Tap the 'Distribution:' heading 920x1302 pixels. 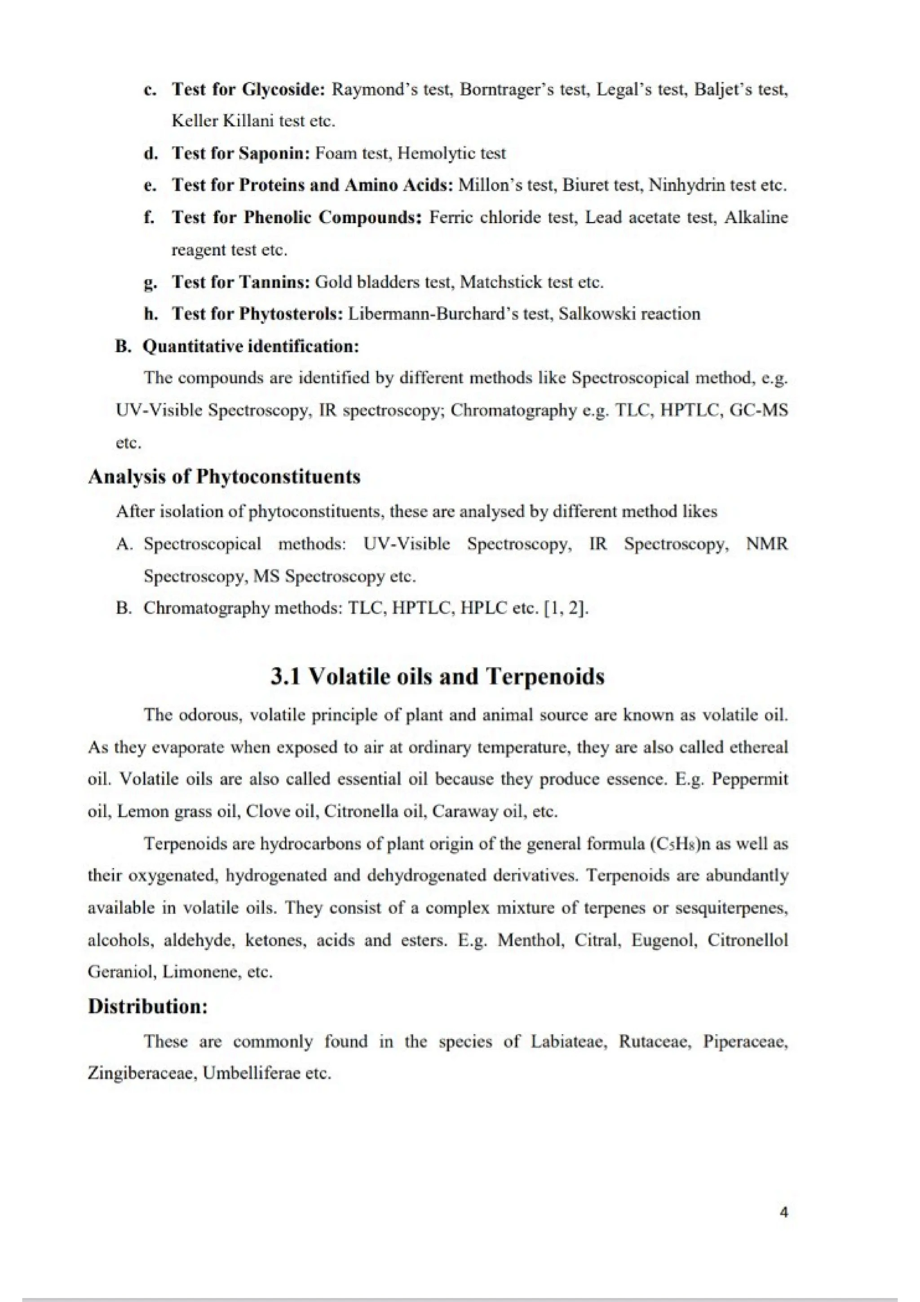148,1006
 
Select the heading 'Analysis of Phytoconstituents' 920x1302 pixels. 224,476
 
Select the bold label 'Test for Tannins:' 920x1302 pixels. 241,282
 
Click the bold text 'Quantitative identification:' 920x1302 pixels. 251,346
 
